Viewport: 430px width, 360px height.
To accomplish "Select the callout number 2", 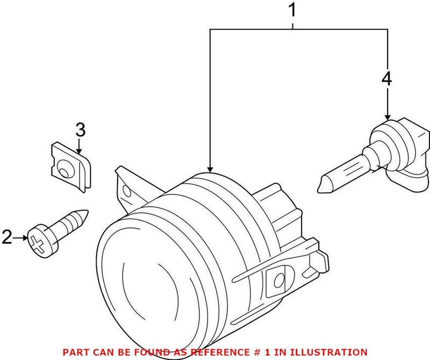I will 7,237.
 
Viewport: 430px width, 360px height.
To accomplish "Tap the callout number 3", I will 80,129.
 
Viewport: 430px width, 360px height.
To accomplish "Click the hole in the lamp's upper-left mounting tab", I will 128,191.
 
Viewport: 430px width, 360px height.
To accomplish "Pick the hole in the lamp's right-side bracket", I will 279,280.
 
